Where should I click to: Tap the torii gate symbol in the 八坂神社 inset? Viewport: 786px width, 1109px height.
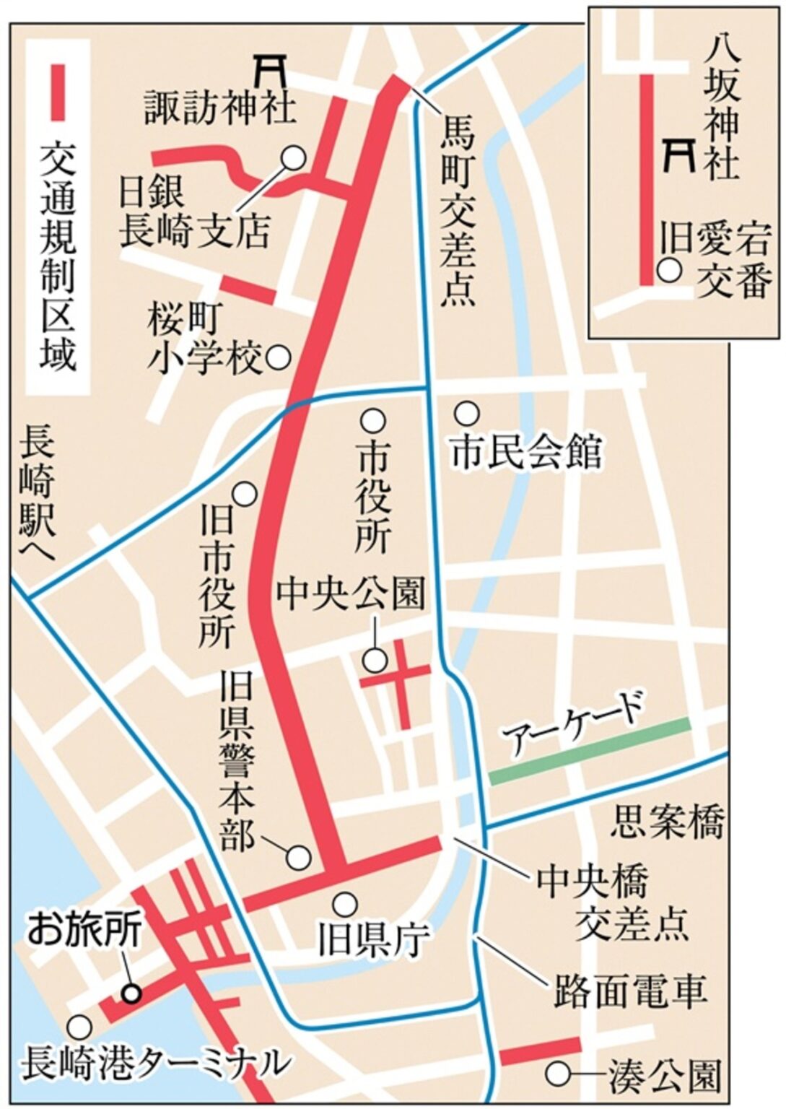point(679,154)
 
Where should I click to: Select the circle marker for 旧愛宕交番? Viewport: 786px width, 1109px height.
point(670,271)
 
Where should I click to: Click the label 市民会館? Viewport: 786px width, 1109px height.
point(526,453)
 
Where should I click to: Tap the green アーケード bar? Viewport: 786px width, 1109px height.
point(590,752)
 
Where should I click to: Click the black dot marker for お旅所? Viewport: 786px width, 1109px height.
point(131,993)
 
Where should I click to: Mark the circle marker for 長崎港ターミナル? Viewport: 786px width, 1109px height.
point(79,1027)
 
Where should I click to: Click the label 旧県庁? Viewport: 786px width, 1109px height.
point(373,939)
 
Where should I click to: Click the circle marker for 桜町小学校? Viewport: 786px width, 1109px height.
point(279,357)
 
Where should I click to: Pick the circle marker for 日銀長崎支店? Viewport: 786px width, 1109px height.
point(294,157)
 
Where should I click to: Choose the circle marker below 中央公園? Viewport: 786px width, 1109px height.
point(374,658)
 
